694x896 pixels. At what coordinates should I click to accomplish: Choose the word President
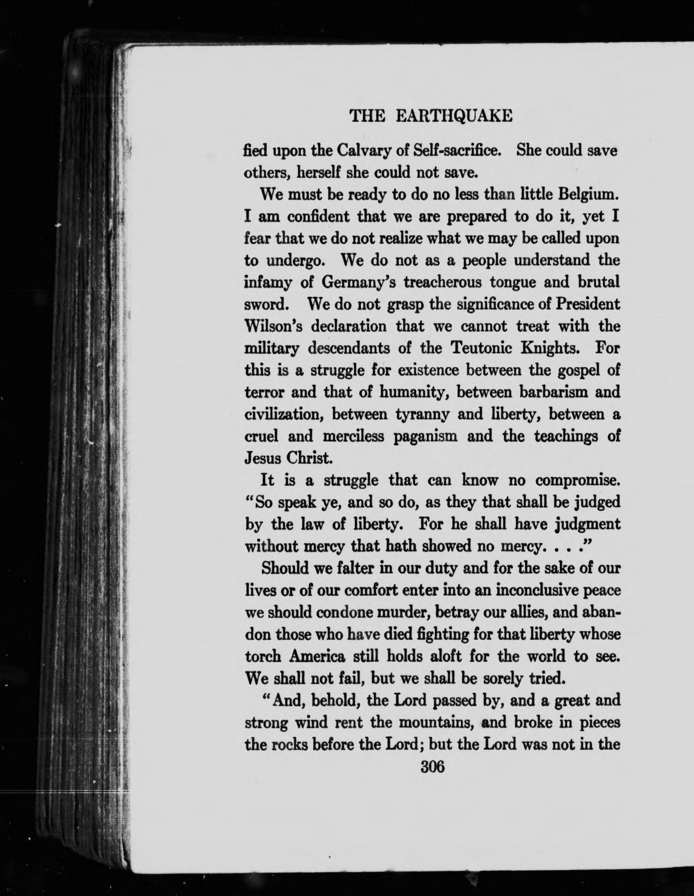tap(587, 304)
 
